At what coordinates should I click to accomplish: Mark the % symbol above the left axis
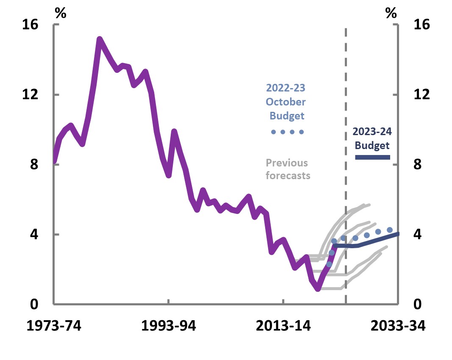click(x=61, y=13)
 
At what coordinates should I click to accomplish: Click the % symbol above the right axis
click(x=391, y=13)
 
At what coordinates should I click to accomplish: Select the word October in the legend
click(x=286, y=102)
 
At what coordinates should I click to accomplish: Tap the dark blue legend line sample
click(x=372, y=157)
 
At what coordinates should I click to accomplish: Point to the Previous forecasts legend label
click(x=288, y=169)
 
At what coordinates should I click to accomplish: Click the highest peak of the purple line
click(x=100, y=39)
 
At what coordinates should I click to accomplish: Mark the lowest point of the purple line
click(x=318, y=289)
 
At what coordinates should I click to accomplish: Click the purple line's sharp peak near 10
click(x=174, y=132)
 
